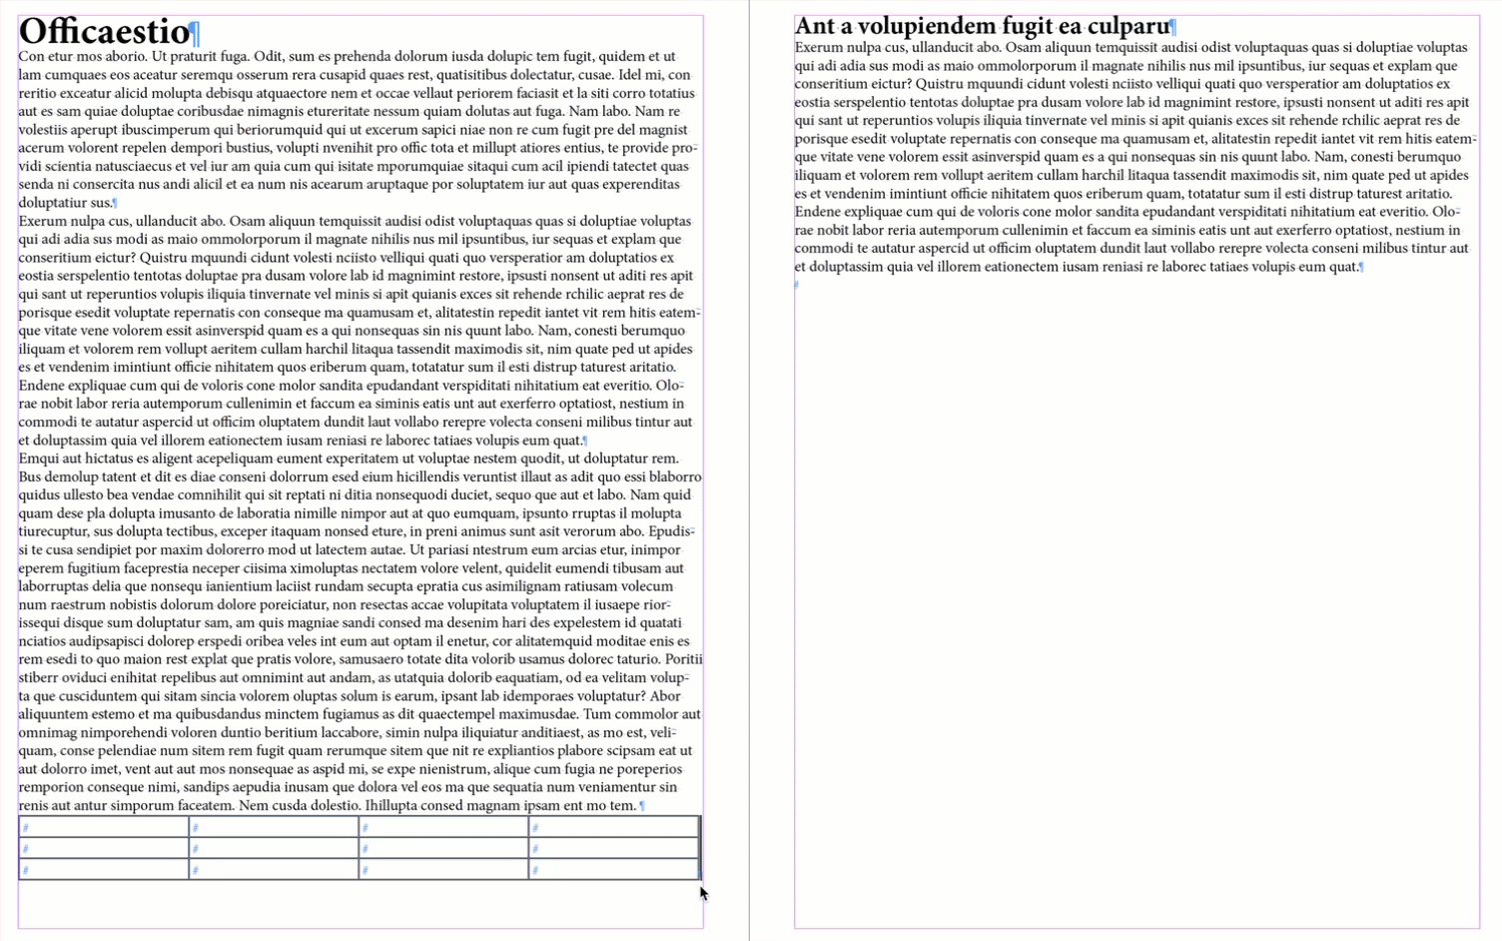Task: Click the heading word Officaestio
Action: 104,31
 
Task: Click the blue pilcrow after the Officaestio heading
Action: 196,34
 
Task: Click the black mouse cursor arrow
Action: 703,893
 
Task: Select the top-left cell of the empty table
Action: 104,827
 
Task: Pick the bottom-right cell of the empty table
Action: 614,870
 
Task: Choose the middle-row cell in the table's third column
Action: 443,849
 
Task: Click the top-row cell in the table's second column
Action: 274,827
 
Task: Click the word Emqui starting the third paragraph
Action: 39,459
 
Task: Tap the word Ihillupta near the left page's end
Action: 395,805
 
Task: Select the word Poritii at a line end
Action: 684,659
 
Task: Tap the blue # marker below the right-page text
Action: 797,286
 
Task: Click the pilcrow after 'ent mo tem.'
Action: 642,806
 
